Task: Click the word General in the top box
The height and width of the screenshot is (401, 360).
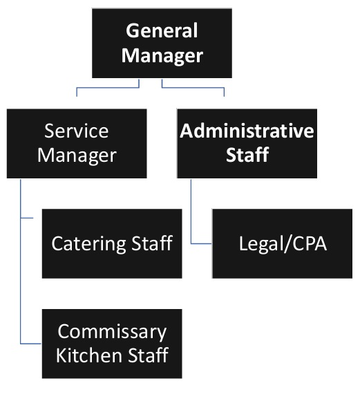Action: pos(162,31)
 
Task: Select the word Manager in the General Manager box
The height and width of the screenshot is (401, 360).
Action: pos(162,55)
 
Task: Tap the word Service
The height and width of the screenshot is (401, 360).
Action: pos(76,131)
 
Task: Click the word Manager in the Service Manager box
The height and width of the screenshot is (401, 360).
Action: pos(76,154)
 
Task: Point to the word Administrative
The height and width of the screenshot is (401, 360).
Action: pos(247,131)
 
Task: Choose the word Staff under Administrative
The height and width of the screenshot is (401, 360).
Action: pos(247,154)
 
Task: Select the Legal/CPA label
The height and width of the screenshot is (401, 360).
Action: pos(282,243)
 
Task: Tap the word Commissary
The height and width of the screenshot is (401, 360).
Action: pos(112,331)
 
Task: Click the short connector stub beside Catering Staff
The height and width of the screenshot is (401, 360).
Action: pos(32,218)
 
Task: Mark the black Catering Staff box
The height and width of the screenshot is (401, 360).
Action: pos(112,266)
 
